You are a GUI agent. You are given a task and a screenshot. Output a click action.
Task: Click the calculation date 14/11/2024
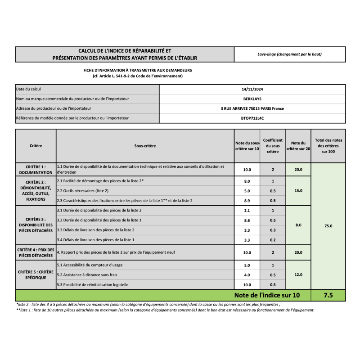(x=252, y=89)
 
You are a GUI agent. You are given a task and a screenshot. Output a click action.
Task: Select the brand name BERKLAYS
(x=252, y=99)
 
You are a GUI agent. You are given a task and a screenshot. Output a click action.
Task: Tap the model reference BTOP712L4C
(x=252, y=118)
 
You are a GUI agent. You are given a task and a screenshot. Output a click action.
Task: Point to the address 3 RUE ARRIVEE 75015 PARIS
(x=252, y=108)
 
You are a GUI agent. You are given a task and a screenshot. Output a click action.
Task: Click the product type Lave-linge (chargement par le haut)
(x=289, y=54)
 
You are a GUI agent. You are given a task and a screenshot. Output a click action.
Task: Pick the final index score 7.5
(x=328, y=295)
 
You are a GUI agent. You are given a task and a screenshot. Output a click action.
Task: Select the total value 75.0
(x=328, y=226)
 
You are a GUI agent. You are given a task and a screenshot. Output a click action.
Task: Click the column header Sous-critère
(x=145, y=146)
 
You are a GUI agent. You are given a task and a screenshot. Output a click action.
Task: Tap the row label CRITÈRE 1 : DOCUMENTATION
(x=36, y=169)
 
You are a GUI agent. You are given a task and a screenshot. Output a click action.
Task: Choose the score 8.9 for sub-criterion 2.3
(x=247, y=200)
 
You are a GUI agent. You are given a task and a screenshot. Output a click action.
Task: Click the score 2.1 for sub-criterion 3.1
(x=247, y=211)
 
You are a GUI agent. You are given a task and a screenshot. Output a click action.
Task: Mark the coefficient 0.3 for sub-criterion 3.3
(x=273, y=230)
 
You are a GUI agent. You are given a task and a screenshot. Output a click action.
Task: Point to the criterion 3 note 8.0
(x=298, y=225)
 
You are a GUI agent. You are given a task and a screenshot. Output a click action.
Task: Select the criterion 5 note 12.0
(x=298, y=274)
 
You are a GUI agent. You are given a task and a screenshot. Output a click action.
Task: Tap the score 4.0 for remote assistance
(x=247, y=274)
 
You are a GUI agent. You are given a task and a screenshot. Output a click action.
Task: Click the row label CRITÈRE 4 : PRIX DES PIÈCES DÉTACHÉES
(x=36, y=252)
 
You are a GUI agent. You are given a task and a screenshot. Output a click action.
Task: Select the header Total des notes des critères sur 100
(x=328, y=146)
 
